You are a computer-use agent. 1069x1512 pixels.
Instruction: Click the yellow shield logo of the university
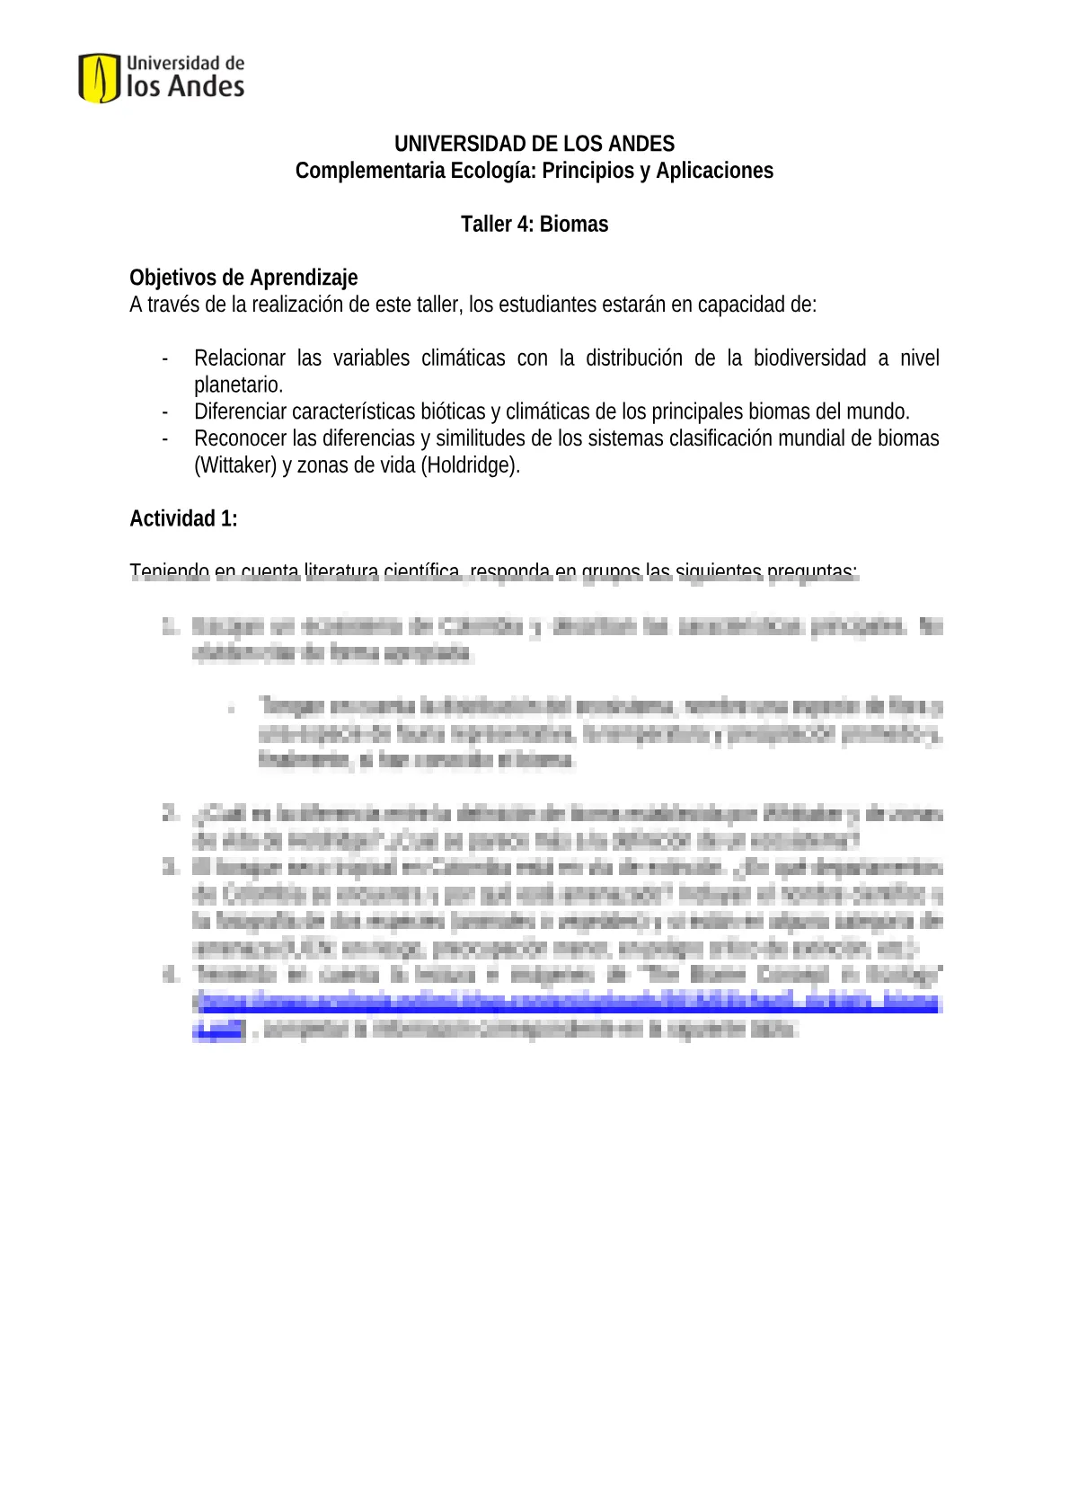(99, 78)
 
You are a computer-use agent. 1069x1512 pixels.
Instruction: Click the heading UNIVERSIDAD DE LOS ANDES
(534, 144)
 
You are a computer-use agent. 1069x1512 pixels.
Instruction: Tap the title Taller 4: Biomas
(534, 225)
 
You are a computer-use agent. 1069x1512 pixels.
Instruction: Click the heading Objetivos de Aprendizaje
(243, 278)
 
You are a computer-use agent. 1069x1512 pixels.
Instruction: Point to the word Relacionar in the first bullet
(240, 358)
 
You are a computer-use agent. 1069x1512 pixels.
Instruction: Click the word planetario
(238, 385)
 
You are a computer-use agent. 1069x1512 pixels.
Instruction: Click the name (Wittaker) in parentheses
(235, 465)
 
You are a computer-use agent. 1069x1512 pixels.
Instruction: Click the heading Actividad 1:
(183, 519)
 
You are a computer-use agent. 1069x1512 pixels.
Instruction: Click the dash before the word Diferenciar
(165, 412)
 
